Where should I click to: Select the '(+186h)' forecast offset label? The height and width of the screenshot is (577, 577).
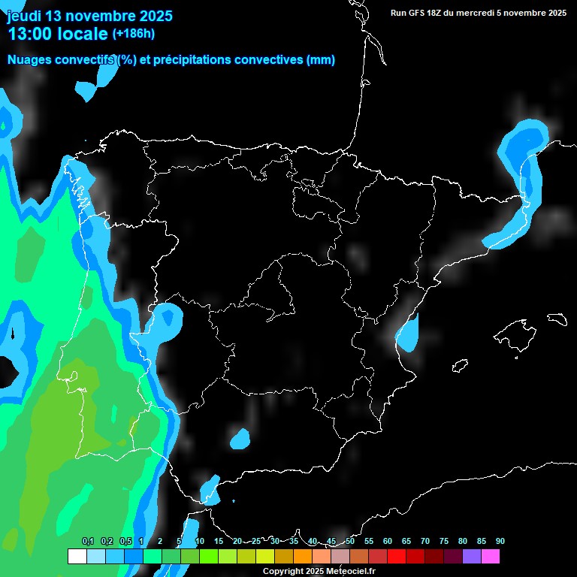click(133, 33)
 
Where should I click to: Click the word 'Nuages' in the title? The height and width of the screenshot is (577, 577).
click(32, 60)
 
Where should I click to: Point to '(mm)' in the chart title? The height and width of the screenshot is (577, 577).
click(321, 60)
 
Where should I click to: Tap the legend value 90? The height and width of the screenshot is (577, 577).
click(500, 541)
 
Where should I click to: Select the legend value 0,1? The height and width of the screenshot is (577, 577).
click(88, 541)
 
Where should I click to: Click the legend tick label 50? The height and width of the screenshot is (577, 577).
click(350, 541)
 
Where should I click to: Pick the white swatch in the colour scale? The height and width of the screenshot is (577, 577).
click(77, 556)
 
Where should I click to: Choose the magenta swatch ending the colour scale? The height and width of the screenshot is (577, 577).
click(490, 556)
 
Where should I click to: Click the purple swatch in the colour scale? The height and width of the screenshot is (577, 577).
click(471, 556)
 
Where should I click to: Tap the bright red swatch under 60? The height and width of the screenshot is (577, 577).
click(396, 556)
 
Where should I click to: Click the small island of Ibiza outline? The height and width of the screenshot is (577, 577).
click(460, 365)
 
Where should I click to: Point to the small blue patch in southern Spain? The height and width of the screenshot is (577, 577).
click(240, 437)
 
